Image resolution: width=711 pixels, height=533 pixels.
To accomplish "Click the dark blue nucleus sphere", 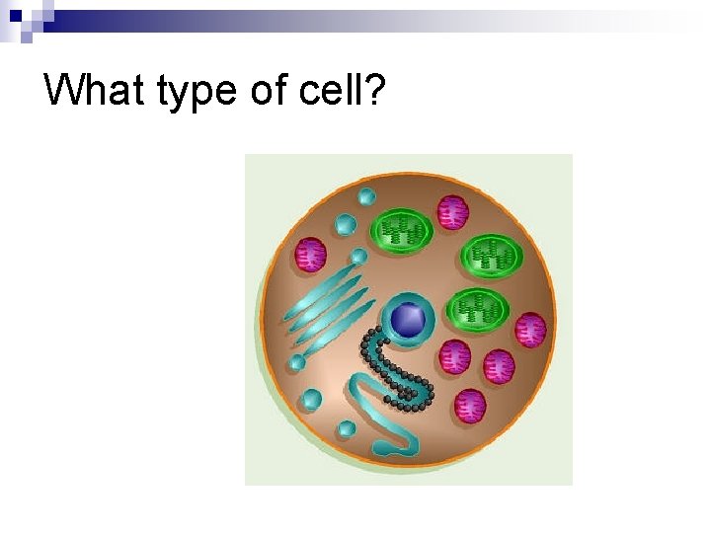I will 407,319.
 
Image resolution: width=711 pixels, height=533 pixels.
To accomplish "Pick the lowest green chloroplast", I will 478,310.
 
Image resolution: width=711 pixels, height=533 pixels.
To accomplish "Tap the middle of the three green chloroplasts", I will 491,257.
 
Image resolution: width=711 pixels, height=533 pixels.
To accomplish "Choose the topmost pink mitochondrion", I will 452,211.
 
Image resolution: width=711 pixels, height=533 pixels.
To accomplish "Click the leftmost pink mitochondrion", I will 311,255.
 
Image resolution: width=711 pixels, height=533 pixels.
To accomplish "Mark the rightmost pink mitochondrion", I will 530,330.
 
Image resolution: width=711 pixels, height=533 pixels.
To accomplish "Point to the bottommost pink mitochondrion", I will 471,405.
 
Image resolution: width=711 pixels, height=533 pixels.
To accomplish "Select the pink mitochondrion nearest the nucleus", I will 455,355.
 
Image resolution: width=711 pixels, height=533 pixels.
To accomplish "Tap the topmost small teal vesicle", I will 366,195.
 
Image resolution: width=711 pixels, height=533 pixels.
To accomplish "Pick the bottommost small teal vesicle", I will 347,428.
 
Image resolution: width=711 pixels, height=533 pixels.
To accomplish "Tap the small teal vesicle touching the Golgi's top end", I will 357,257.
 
